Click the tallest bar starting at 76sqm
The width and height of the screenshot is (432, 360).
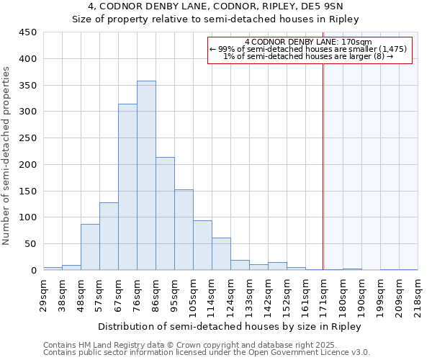click(x=146, y=176)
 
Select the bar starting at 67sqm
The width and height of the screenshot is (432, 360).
click(x=127, y=187)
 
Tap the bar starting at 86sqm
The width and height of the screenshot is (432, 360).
click(x=165, y=214)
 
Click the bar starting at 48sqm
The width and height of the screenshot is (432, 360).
click(x=90, y=247)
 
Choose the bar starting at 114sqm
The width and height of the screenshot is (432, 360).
click(x=221, y=254)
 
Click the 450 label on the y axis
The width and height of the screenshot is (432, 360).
click(x=28, y=32)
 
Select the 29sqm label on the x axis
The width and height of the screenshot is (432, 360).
click(x=43, y=292)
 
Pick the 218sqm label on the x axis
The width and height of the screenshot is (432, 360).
click(x=418, y=292)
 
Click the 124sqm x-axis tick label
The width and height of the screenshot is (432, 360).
click(x=230, y=292)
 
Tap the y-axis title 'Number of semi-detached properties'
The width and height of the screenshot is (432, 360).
click(x=7, y=155)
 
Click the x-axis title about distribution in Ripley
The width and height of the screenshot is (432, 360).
click(x=230, y=326)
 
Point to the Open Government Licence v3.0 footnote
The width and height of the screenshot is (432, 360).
click(x=207, y=352)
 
